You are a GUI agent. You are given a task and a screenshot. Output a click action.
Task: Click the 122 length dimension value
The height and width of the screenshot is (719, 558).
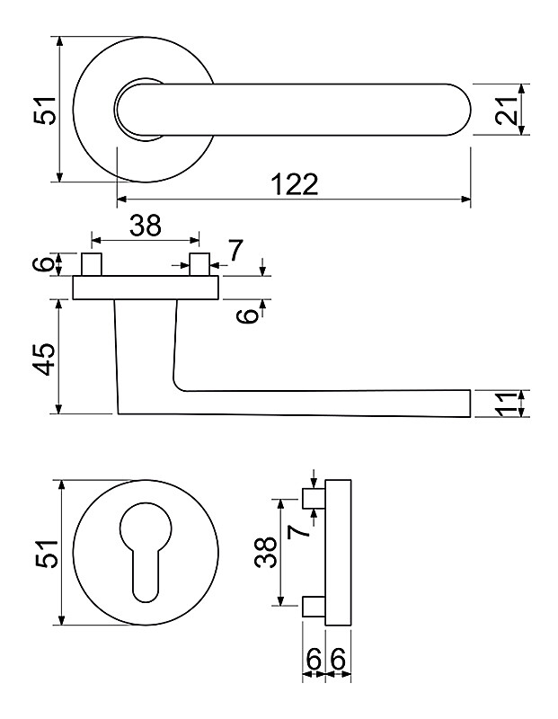point(294,184)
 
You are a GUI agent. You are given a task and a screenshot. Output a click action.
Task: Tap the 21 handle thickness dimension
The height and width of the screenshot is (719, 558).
point(508,110)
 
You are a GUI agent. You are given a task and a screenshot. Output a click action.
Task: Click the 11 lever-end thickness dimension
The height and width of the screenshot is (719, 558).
point(508,404)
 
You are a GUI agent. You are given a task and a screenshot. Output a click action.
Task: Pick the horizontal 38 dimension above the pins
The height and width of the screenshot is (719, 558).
point(145,225)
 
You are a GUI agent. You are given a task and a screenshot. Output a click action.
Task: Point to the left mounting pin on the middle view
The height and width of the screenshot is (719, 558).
point(92,265)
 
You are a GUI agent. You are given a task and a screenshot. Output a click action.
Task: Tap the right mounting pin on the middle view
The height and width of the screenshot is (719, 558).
point(199,265)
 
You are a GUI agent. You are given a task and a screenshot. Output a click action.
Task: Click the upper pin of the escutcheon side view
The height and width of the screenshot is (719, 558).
point(314,499)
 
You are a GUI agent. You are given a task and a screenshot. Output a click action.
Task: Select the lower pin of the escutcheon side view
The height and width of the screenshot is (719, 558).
point(314,607)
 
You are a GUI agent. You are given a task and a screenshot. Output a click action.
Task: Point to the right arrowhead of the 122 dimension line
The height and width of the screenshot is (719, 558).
point(466,199)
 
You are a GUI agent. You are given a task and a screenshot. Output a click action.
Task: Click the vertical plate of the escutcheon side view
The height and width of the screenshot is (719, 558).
point(338,553)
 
